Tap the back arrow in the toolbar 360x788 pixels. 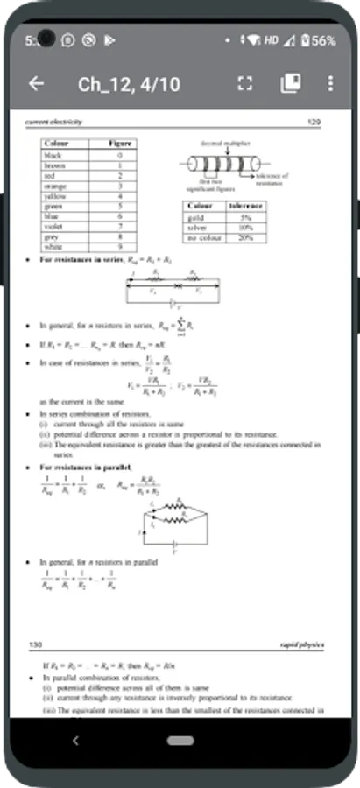(x=36, y=84)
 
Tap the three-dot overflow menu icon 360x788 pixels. (x=330, y=84)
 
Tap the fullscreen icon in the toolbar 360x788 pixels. (x=244, y=84)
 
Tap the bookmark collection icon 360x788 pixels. (x=290, y=84)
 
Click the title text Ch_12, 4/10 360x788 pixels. (x=129, y=84)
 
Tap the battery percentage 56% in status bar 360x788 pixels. (x=323, y=40)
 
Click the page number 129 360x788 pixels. (x=315, y=123)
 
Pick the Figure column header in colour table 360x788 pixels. (x=119, y=143)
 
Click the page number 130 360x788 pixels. (x=36, y=644)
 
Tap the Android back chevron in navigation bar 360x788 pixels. (x=75, y=741)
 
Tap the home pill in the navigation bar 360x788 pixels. (x=180, y=741)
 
